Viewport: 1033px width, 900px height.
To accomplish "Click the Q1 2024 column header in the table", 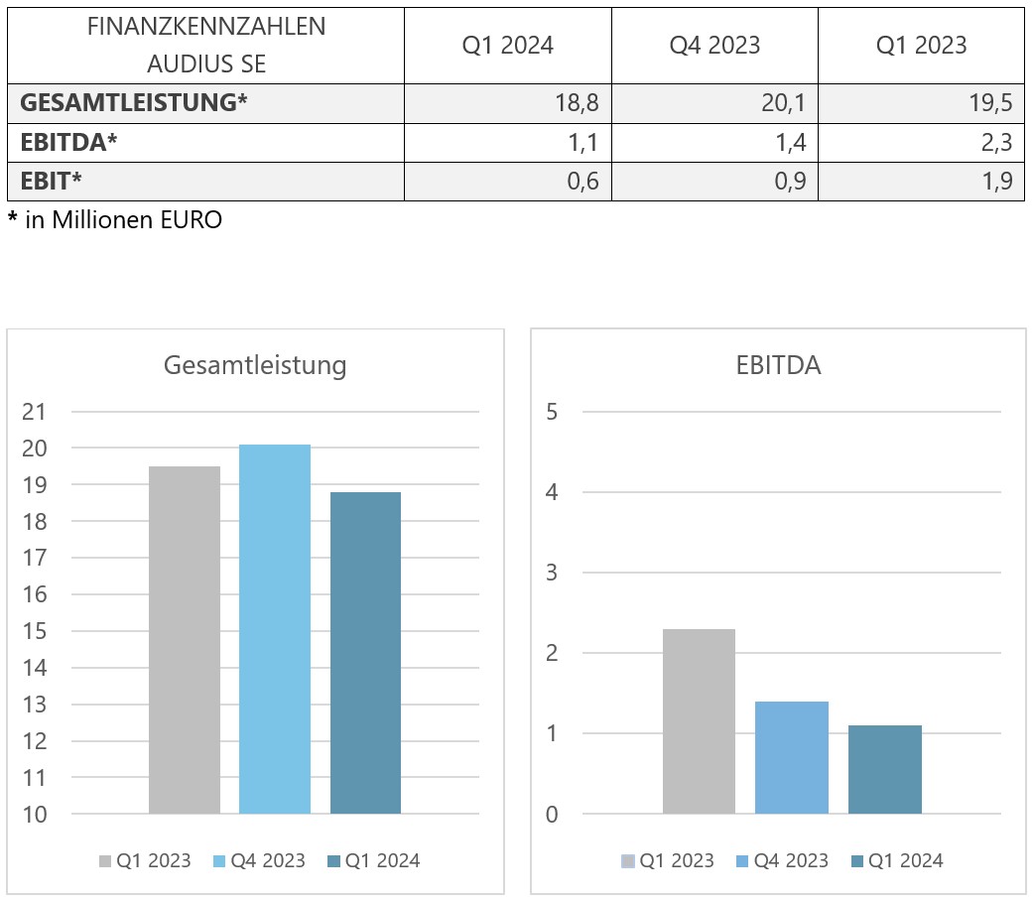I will point(507,45).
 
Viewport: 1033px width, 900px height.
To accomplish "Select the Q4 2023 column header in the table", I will point(714,45).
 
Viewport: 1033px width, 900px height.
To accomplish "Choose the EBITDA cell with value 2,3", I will point(993,143).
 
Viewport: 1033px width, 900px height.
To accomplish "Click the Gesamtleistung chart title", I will point(255,365).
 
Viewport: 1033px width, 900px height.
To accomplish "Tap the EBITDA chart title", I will point(778,365).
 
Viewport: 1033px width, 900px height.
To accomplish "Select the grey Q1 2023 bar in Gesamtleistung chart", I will point(185,640).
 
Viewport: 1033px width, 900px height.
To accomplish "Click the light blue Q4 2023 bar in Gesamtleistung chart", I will point(275,629).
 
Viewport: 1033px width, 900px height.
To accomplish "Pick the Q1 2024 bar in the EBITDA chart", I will point(885,770).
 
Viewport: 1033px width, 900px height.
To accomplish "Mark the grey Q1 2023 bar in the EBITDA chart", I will point(699,721).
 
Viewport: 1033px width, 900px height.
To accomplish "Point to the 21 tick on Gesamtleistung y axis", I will point(34,412).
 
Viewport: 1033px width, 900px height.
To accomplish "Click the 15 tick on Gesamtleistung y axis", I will point(34,631).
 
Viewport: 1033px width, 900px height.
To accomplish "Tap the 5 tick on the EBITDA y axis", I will point(552,412).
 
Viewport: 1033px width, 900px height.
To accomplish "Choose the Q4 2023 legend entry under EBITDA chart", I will point(781,861).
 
